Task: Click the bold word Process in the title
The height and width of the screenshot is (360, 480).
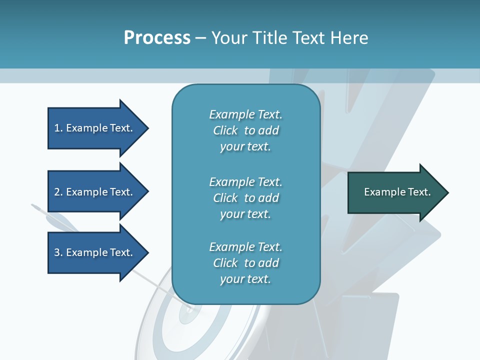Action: pyautogui.click(x=157, y=38)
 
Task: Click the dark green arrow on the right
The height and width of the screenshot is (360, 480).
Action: pyautogui.click(x=395, y=192)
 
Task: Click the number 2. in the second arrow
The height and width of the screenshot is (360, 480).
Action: pyautogui.click(x=58, y=192)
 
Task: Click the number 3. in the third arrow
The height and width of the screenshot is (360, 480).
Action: pyautogui.click(x=58, y=252)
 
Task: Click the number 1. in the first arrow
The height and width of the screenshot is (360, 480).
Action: pyautogui.click(x=58, y=128)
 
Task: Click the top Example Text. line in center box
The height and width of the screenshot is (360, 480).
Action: pyautogui.click(x=245, y=114)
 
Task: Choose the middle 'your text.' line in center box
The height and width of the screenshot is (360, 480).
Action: pyautogui.click(x=245, y=214)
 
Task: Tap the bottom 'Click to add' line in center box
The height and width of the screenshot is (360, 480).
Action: pyautogui.click(x=245, y=263)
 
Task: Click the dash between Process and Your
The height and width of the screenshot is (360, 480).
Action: pyautogui.click(x=201, y=38)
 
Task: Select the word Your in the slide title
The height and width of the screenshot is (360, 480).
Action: pyautogui.click(x=228, y=38)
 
